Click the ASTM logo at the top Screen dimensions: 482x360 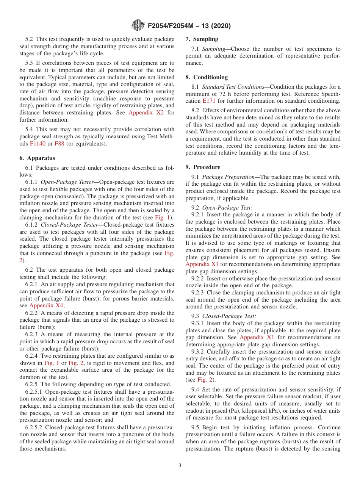(137, 25)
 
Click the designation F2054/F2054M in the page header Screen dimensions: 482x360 (173, 26)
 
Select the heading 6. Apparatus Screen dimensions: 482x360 (37, 158)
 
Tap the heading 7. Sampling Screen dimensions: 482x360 (202, 39)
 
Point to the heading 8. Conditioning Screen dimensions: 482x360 (207, 77)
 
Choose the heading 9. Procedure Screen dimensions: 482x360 (203, 167)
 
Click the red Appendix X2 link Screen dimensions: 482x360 (146, 112)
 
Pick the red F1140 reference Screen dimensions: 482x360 (37, 144)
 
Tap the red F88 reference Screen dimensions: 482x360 (59, 144)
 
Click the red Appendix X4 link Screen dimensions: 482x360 (47, 305)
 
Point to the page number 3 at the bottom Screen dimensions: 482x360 (180, 465)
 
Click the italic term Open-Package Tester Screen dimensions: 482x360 (67, 182)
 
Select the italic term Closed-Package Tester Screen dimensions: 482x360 (69, 225)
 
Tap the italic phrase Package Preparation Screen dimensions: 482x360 (228, 177)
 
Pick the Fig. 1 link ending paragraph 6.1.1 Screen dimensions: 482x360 (163, 217)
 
